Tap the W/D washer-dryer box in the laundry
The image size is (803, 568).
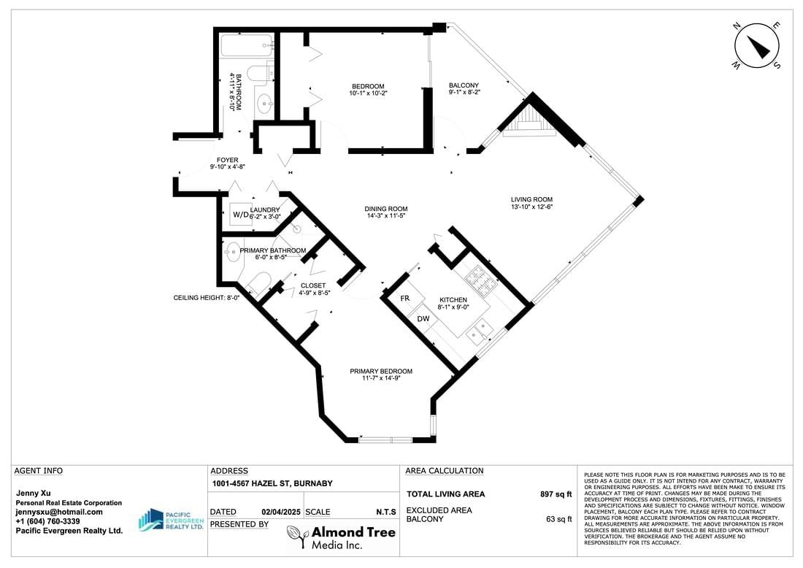click(241, 214)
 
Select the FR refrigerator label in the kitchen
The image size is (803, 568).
click(404, 298)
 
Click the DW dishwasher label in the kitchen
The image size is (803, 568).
click(423, 318)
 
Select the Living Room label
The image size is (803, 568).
click(531, 200)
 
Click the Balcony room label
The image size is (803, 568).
click(464, 85)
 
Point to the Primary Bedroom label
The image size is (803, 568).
click(381, 372)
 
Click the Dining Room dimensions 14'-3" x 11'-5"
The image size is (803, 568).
click(386, 216)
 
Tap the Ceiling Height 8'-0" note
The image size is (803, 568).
click(207, 298)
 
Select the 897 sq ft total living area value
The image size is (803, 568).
click(556, 494)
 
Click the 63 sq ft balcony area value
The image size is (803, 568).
click(558, 519)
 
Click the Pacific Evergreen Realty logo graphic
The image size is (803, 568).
click(151, 520)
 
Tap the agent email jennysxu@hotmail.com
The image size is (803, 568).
click(59, 512)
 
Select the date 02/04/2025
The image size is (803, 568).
click(281, 513)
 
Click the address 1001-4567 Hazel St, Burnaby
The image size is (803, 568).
click(272, 483)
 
